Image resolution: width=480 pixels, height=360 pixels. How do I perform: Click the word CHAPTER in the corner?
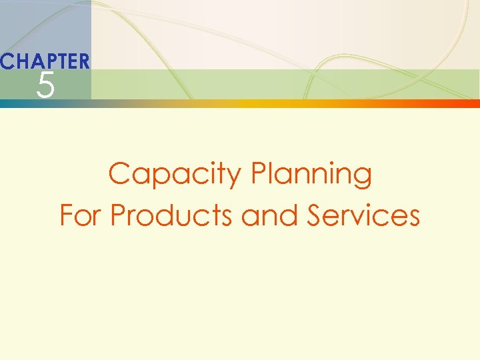point(45,62)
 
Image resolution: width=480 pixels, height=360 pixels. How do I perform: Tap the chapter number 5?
point(45,86)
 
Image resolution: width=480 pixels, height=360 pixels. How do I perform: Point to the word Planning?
point(311,175)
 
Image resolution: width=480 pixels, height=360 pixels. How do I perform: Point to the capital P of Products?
point(118,215)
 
